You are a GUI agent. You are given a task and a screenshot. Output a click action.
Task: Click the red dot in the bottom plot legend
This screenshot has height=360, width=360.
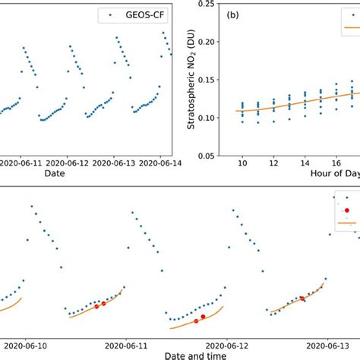pos(346,210)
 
